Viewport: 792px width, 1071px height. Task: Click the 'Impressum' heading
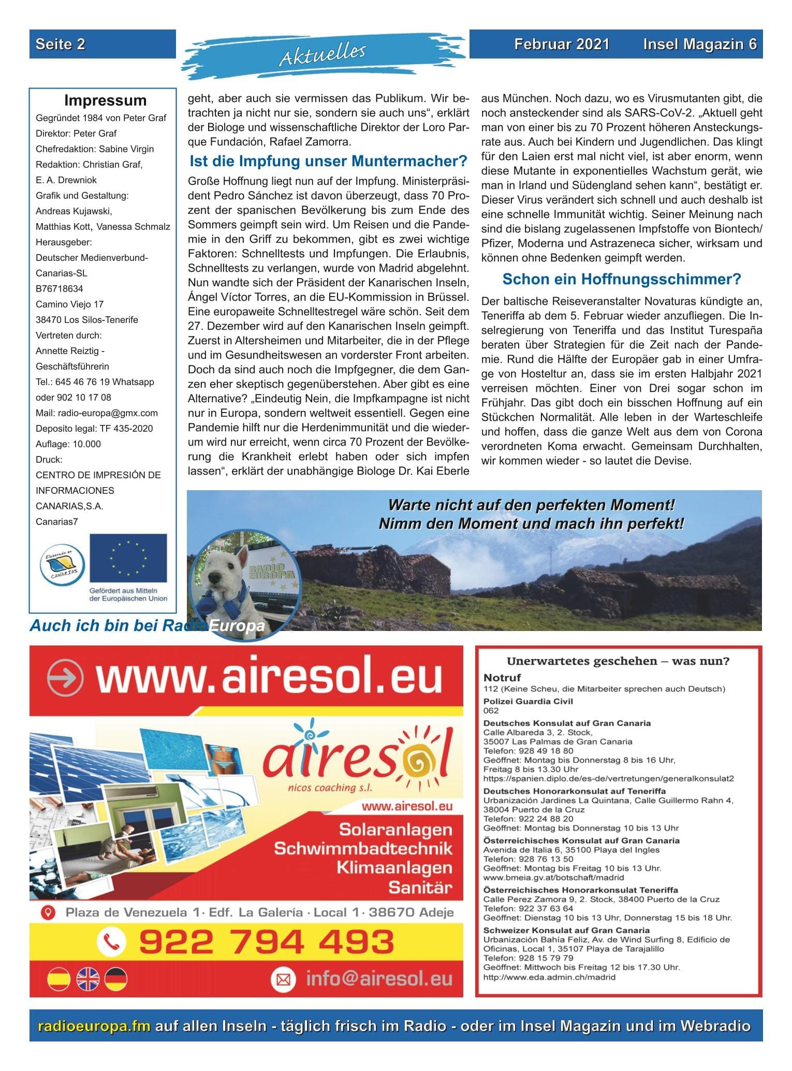coord(105,100)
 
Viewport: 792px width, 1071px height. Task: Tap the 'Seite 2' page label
coord(60,45)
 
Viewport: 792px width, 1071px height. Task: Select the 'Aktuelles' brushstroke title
coord(323,54)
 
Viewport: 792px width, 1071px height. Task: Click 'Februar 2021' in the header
coord(562,45)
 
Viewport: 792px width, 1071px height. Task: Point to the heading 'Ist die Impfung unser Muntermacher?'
coord(328,162)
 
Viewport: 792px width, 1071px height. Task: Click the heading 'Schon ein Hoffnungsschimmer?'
coord(621,280)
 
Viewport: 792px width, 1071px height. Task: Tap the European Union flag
coord(128,558)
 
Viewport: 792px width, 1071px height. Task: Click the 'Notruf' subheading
coord(502,678)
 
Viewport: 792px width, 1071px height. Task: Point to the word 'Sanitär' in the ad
coord(420,888)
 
